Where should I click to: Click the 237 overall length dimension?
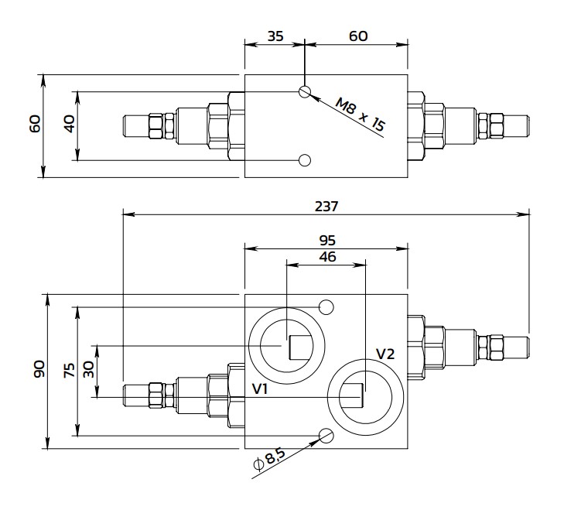tap(327, 206)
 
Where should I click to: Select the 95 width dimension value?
tap(327, 241)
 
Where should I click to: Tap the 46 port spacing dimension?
tap(327, 257)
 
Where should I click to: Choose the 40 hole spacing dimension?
tap(70, 124)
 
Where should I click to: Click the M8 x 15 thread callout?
tap(360, 114)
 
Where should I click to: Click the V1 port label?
tap(260, 389)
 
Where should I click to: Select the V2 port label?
tap(385, 354)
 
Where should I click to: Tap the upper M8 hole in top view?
tap(306, 92)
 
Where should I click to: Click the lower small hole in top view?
tap(306, 160)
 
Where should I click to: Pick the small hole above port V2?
tap(326, 307)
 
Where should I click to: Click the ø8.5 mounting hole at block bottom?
tap(326, 435)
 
